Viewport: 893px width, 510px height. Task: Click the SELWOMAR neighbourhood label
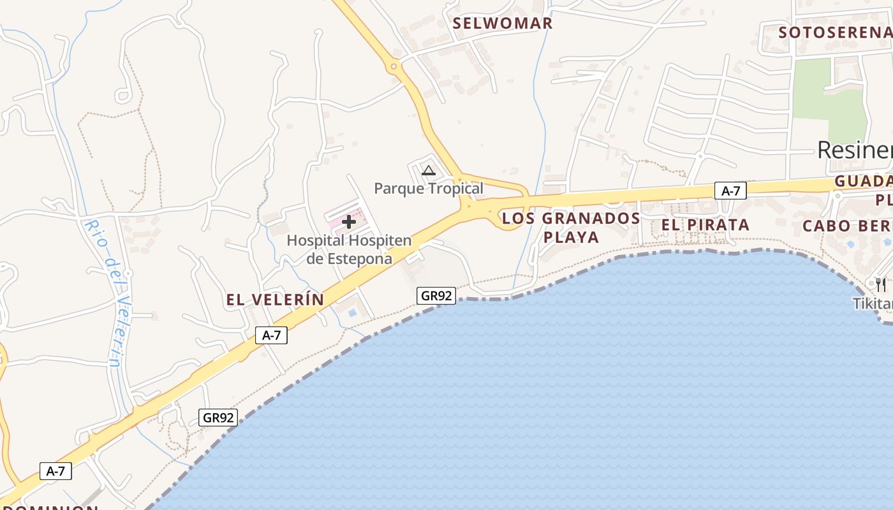pos(502,24)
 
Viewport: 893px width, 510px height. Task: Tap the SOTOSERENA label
pos(835,32)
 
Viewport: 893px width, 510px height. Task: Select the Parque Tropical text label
pos(429,188)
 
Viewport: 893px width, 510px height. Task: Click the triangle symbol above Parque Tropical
pos(429,170)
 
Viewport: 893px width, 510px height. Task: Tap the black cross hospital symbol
pos(349,222)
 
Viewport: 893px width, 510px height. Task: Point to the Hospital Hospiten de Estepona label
pos(349,250)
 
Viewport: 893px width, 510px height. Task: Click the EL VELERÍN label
pos(275,300)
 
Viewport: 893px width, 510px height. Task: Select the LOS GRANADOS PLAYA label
pos(571,228)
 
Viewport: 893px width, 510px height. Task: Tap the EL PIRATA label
pos(705,225)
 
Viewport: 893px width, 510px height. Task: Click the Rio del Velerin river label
pos(106,293)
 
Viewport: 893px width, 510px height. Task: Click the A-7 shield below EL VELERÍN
pos(271,335)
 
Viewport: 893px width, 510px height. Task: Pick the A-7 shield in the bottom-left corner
pos(55,471)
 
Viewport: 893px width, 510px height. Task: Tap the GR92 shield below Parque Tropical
pos(437,296)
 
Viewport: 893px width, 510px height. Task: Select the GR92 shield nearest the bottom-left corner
pos(218,418)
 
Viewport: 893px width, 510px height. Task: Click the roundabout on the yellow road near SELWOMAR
pos(394,66)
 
